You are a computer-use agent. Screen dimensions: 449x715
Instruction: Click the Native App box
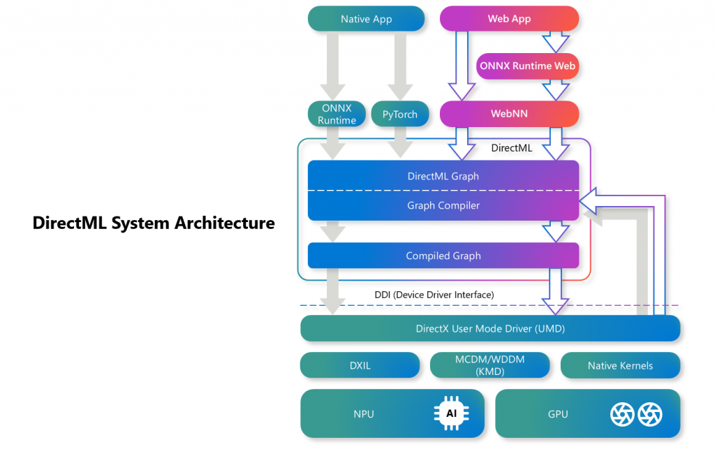point(366,19)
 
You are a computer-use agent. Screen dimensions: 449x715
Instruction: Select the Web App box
point(509,19)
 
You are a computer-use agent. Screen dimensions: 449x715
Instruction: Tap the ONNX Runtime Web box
point(528,66)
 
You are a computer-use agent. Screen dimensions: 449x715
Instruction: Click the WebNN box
point(509,113)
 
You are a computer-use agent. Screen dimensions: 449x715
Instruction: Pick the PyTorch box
point(400,115)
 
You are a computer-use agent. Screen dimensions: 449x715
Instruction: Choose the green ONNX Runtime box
point(337,115)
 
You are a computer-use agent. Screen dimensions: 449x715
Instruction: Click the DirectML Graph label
point(443,176)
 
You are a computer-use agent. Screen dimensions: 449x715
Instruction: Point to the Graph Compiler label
point(443,206)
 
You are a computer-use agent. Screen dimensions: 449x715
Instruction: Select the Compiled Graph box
point(443,256)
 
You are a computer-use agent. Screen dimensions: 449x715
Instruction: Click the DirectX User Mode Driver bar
point(489,328)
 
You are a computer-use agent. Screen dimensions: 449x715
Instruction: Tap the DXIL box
point(360,365)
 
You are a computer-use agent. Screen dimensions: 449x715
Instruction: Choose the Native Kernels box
point(620,365)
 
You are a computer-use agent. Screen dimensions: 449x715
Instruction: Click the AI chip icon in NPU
point(451,414)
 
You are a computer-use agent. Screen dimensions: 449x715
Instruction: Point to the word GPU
point(557,414)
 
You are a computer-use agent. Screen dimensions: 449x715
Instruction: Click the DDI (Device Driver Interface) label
point(434,295)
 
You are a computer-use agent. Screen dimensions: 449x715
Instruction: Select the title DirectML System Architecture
point(154,223)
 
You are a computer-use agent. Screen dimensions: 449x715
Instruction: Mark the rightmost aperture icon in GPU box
point(649,414)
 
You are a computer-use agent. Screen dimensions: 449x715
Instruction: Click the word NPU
point(364,414)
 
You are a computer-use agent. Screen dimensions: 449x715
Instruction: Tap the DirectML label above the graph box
point(512,148)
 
